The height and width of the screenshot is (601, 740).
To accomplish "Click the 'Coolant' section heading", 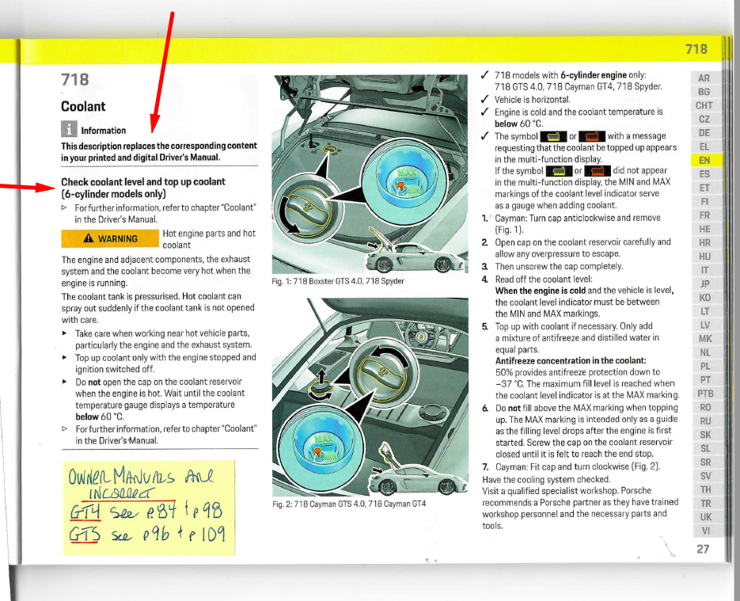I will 83,106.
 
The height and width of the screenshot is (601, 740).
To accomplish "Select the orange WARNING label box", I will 110,238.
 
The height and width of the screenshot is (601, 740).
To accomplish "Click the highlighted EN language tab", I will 704,160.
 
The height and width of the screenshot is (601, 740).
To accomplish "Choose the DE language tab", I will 704,132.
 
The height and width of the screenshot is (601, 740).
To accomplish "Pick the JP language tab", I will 704,283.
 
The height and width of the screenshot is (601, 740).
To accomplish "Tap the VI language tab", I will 704,530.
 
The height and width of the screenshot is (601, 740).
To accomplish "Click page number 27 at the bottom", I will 703,549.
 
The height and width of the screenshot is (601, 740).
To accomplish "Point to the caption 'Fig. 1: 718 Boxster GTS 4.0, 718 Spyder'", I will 338,281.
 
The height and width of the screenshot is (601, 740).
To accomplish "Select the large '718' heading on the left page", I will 75,79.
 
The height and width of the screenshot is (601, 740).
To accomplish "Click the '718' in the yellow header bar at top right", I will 696,49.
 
